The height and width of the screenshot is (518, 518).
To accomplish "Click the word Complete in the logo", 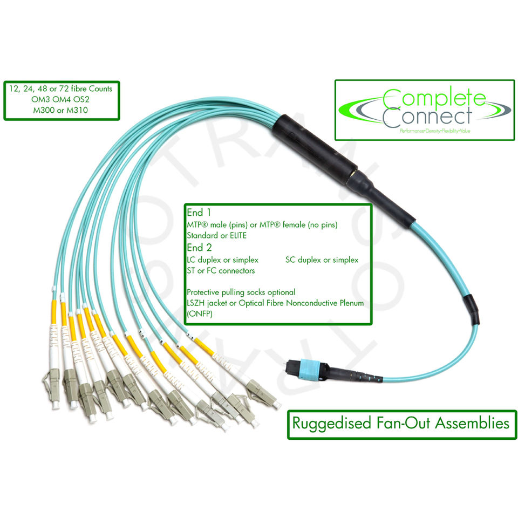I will point(434,98).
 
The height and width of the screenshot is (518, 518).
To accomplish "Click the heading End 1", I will point(199,213).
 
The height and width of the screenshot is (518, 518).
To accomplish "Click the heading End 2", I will point(199,248).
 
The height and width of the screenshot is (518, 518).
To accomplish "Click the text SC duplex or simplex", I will point(322,260).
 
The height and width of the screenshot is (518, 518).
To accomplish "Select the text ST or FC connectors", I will point(221,270).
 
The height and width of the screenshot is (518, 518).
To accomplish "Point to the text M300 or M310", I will point(60,110).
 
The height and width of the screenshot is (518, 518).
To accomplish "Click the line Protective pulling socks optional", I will point(241,292).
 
